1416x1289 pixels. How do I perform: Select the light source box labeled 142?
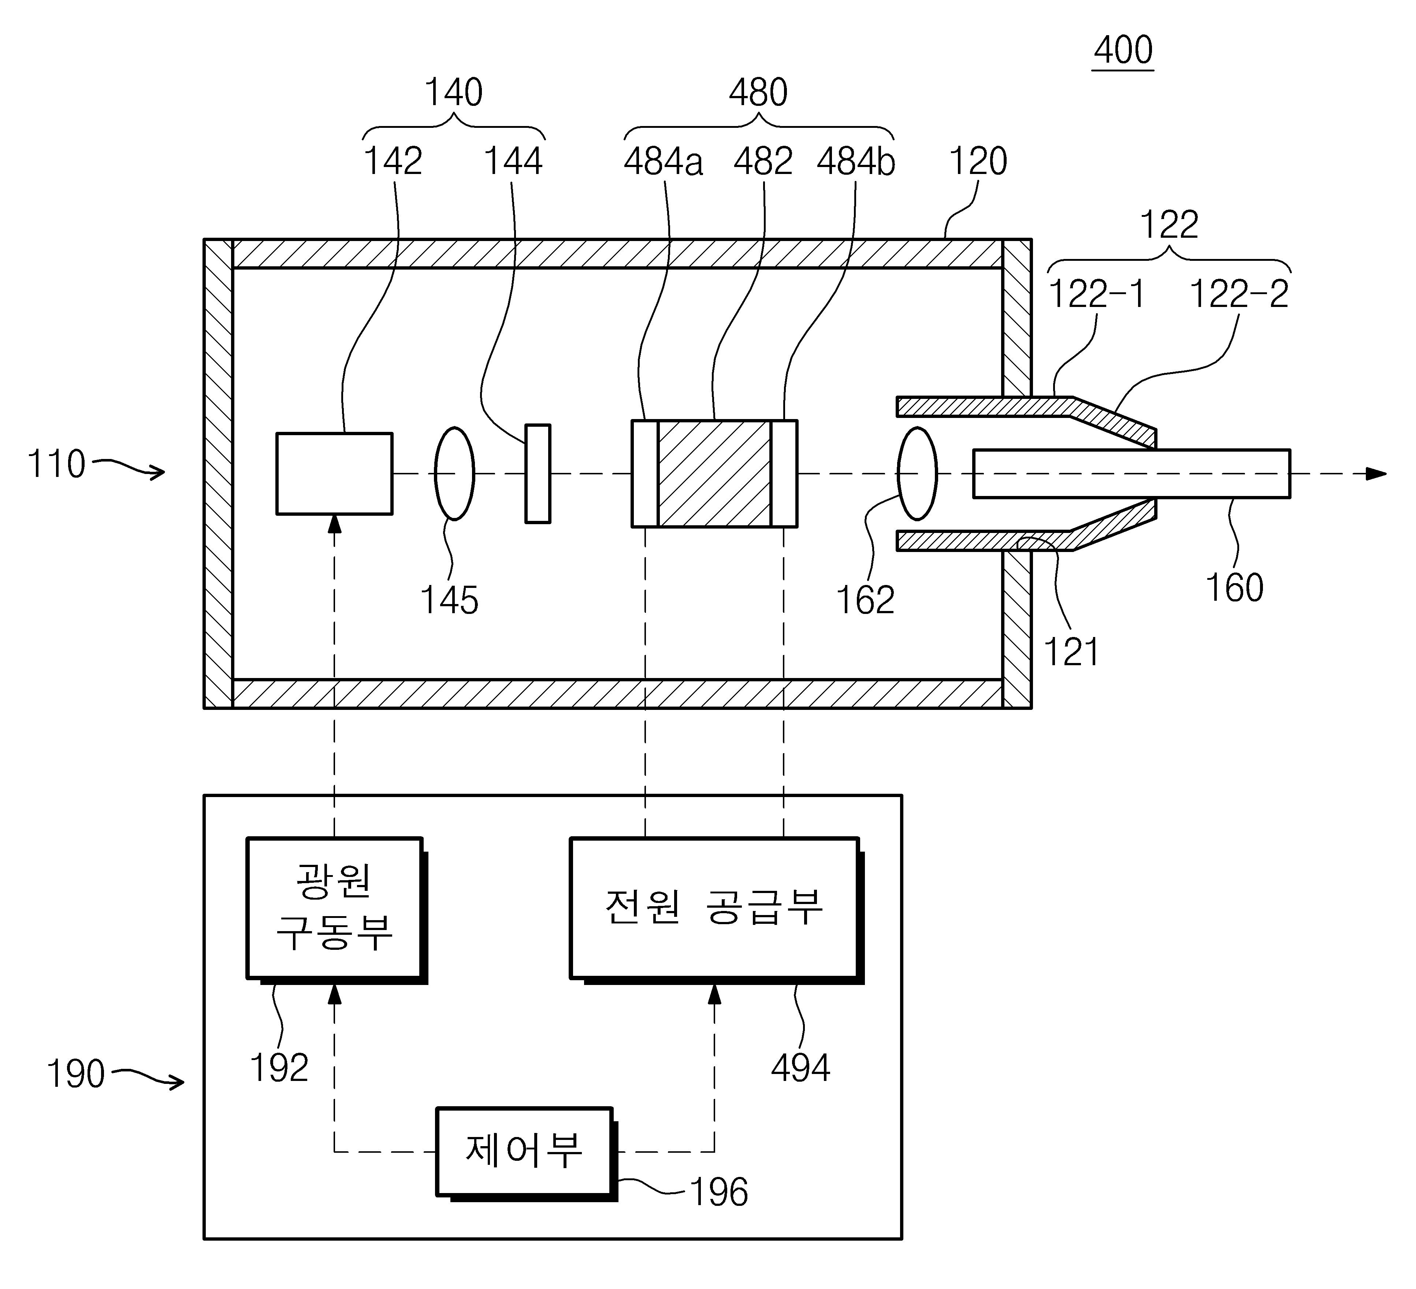click(334, 474)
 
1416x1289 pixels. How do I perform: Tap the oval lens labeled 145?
click(454, 474)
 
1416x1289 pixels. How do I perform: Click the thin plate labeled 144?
click(538, 474)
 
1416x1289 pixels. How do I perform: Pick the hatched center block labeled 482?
click(714, 474)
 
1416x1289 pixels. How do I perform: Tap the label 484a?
click(663, 162)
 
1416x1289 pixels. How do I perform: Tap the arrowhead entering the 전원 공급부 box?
click(715, 993)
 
